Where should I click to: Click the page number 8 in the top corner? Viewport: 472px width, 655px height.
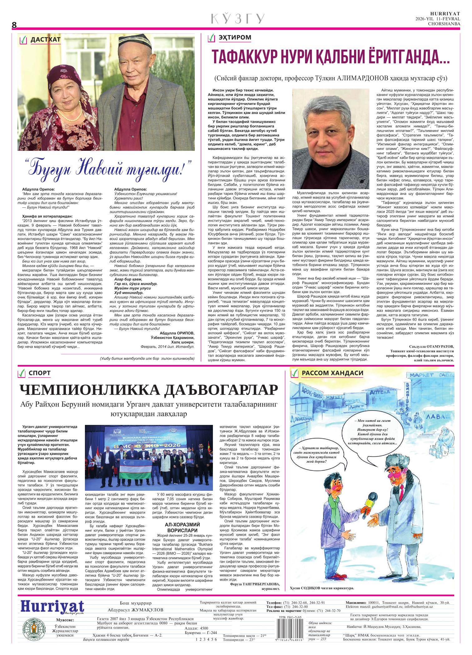pos(14,25)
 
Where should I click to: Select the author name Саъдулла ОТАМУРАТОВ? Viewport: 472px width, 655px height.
pos(431,347)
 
